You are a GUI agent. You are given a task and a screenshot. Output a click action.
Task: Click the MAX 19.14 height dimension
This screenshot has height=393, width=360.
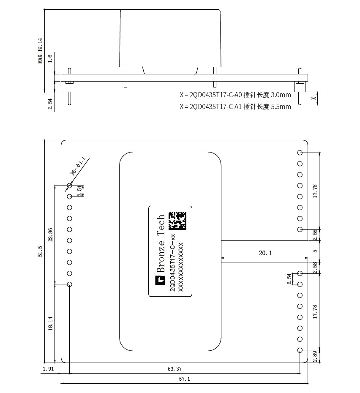point(40,51)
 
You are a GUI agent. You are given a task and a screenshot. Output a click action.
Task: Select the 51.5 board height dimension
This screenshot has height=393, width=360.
point(40,251)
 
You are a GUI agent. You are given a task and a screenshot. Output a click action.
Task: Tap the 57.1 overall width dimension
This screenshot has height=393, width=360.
point(184,379)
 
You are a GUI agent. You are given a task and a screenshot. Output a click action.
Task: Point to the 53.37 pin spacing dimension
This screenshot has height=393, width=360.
point(175,368)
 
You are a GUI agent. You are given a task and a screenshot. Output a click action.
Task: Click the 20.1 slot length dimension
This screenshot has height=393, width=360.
point(265,253)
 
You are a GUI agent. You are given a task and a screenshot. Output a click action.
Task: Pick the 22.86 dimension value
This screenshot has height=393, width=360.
point(50,235)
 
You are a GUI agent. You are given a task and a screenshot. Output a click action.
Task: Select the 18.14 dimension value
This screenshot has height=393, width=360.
point(50,323)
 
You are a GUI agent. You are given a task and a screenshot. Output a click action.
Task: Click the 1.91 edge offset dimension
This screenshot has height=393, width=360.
point(48,368)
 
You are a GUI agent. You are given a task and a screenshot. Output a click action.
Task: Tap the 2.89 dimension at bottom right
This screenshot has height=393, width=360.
point(315,356)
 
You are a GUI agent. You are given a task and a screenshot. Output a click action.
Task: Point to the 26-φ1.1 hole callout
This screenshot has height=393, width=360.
point(78,166)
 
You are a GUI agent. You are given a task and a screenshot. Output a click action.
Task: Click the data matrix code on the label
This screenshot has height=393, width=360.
point(177,221)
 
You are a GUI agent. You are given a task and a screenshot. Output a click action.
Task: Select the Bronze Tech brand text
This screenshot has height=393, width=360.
point(161,243)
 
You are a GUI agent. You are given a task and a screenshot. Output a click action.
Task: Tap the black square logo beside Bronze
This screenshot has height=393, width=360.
point(160,280)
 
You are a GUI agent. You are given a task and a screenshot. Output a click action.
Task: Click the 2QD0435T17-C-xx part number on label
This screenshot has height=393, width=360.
point(172,263)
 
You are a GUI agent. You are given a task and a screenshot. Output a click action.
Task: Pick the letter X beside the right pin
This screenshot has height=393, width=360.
point(314,98)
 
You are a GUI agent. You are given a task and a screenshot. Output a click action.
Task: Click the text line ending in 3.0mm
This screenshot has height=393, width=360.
point(235,95)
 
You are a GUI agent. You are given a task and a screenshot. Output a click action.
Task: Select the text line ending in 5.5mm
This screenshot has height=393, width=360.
point(235,106)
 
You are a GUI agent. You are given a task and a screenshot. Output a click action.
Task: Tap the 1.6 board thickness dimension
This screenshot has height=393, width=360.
point(50,58)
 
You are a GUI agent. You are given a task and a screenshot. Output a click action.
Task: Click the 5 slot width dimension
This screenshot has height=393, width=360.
point(315,251)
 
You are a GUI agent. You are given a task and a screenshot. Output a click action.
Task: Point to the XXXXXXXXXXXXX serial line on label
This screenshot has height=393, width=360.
point(181,267)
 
